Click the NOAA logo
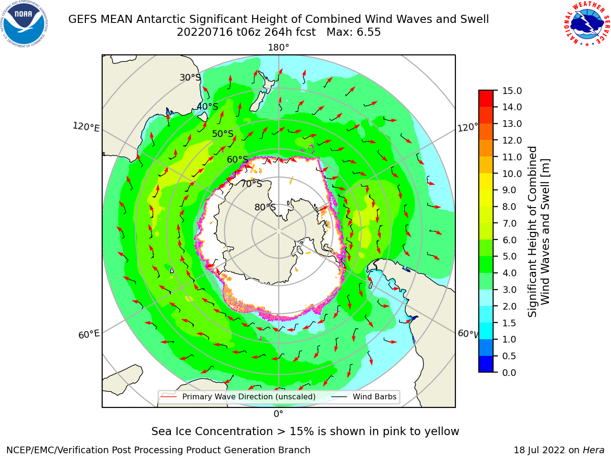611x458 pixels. point(24,24)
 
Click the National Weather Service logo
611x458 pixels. point(587,24)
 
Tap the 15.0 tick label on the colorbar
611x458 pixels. point(512,91)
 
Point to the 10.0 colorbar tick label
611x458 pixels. point(512,174)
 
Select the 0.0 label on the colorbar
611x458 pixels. point(509,373)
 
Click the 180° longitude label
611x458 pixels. point(278,48)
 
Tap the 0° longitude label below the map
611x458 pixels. point(278,414)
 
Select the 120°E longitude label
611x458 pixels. point(86,127)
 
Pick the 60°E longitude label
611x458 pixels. point(89,334)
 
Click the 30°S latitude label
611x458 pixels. point(190,77)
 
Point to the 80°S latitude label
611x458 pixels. point(265,207)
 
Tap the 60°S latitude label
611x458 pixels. point(237,159)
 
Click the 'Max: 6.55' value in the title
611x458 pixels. point(353,32)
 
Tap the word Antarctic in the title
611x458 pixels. point(161,19)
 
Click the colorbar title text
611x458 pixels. point(538,231)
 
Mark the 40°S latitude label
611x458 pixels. point(208,106)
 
